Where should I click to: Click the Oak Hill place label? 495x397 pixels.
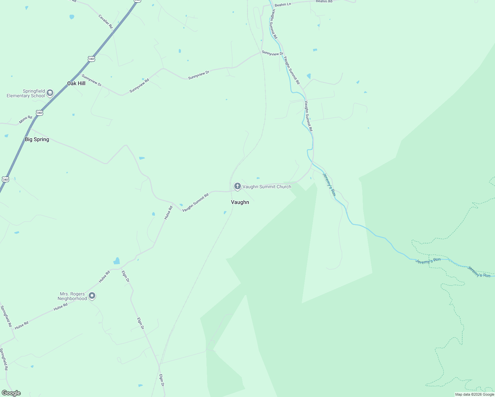(x=76, y=83)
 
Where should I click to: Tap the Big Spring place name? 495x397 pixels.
(x=37, y=139)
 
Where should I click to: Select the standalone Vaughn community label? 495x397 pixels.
(x=240, y=202)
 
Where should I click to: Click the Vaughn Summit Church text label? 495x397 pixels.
(x=267, y=187)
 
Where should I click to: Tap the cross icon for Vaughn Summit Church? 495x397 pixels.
(x=237, y=186)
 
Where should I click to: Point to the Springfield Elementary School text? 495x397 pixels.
(x=26, y=93)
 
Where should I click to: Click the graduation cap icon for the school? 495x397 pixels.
(x=50, y=93)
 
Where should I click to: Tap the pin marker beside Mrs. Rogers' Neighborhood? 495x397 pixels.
(x=92, y=295)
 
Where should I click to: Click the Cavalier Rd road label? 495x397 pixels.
(x=106, y=21)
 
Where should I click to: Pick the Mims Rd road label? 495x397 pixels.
(x=25, y=119)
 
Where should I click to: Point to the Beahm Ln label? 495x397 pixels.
(x=283, y=5)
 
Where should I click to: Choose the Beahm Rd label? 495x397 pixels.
(x=324, y=1)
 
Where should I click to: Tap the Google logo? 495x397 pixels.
(x=11, y=393)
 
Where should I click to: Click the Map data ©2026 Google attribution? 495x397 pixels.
(x=474, y=394)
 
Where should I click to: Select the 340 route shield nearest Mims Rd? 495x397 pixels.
(x=40, y=113)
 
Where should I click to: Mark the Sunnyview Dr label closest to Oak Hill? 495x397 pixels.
(x=92, y=80)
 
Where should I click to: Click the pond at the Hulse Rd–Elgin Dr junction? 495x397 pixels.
(x=116, y=261)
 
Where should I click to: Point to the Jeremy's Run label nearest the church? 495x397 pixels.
(x=329, y=185)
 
